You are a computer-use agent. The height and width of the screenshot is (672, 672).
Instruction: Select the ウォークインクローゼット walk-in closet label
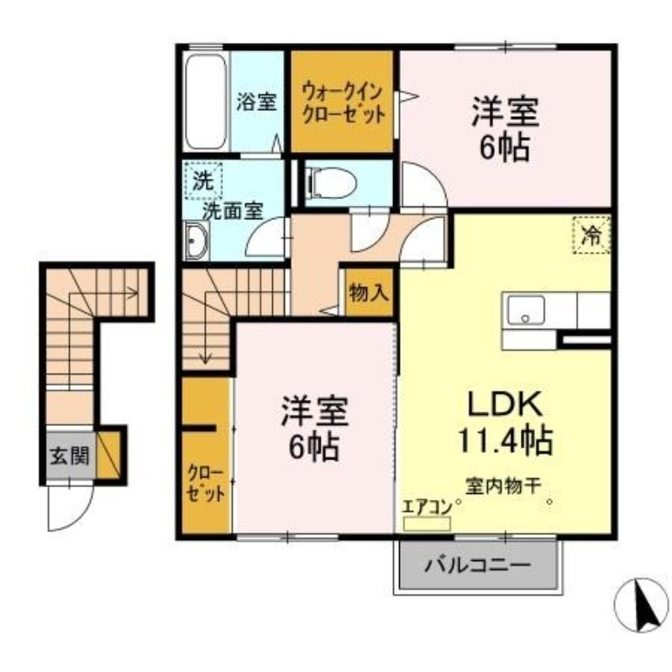pyautogui.click(x=344, y=102)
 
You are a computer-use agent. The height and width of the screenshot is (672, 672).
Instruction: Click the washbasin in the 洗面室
pyautogui.click(x=197, y=242)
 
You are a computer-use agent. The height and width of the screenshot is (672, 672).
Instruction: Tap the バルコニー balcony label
pyautogui.click(x=476, y=564)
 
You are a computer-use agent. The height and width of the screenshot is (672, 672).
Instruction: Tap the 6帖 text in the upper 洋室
pyautogui.click(x=504, y=147)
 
